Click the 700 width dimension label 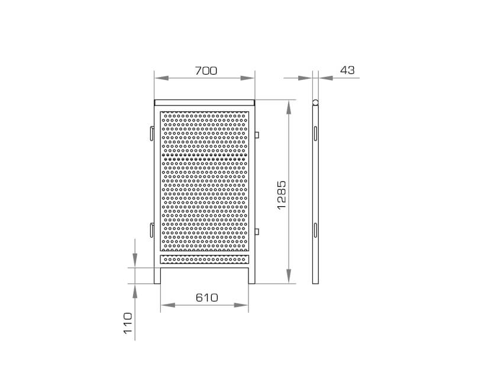coord(206,70)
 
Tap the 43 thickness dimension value coord(347,70)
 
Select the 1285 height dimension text coord(282,195)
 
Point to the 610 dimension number coord(207,297)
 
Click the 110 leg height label coord(128,323)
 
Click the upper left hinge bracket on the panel coord(152,133)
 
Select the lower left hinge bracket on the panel coord(152,230)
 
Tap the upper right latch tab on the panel coord(257,134)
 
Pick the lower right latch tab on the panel coord(257,232)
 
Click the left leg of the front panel coord(157,275)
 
